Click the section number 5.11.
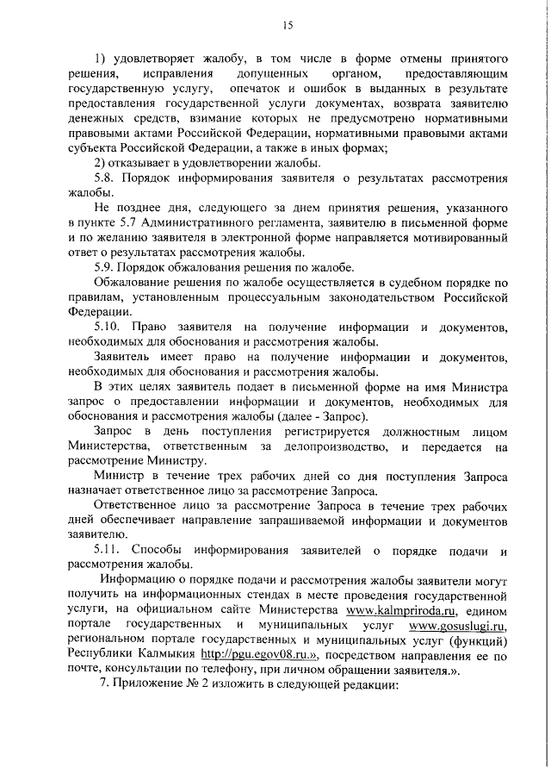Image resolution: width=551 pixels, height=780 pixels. tap(108, 551)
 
